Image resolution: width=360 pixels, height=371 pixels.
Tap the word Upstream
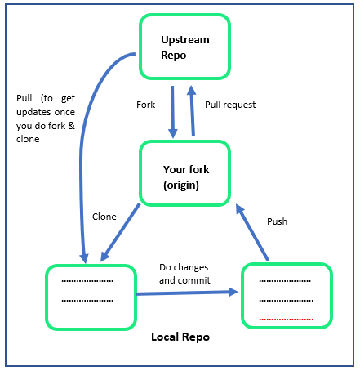(185, 40)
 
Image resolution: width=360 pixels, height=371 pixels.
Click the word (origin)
(181, 185)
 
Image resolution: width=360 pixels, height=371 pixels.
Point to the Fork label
(145, 105)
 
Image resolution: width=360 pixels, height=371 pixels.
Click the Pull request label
(230, 105)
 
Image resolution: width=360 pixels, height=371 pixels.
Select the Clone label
(104, 217)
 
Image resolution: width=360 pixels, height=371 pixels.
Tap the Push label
(277, 221)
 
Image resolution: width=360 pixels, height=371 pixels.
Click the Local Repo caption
(180, 337)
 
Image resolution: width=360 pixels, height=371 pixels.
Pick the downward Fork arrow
(172, 112)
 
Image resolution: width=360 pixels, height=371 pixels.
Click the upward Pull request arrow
(192, 110)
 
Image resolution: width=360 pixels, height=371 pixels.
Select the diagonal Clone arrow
(120, 232)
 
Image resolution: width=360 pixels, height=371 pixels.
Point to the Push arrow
(252, 232)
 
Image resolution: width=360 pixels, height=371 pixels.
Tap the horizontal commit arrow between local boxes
(187, 293)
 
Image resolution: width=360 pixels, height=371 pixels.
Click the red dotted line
(287, 320)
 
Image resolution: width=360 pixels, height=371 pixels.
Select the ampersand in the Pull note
(71, 126)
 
